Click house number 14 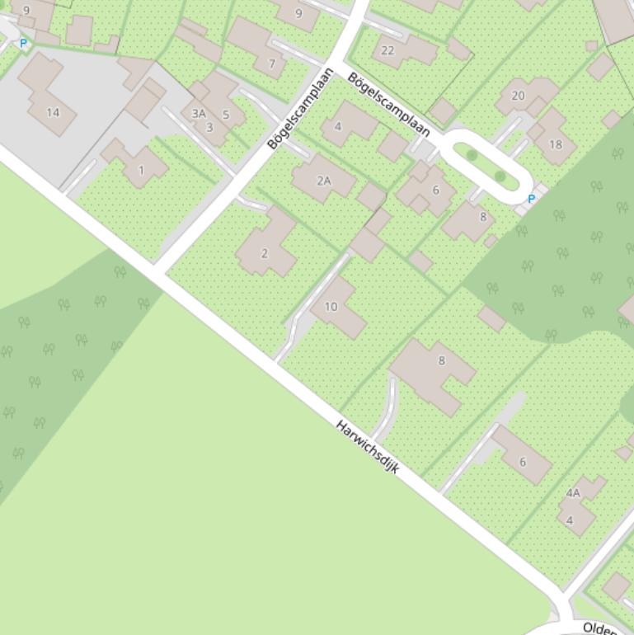click(53, 112)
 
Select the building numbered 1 click(141, 171)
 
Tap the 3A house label click(199, 114)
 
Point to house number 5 click(226, 115)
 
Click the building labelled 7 click(272, 64)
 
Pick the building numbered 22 click(387, 50)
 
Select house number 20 click(518, 96)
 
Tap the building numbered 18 click(555, 144)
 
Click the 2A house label click(323, 181)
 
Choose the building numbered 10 click(331, 307)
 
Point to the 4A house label click(573, 493)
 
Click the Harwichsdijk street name click(368, 446)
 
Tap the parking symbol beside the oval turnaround click(532, 199)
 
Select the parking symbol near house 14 click(23, 43)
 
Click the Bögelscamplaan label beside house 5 click(294, 108)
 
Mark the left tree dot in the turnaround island click(472, 154)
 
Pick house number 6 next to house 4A click(522, 463)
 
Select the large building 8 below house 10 click(442, 360)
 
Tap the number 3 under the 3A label click(209, 127)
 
